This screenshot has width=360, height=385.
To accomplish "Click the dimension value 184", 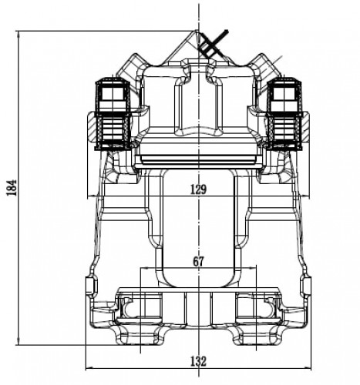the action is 12,188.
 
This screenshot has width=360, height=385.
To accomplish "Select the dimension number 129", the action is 198,189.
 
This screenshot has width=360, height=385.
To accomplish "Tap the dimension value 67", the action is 198,262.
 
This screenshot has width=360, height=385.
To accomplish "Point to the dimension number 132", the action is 198,361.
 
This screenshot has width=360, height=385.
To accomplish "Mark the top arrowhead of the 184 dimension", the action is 18,34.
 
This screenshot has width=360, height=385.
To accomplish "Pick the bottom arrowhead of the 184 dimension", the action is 18,342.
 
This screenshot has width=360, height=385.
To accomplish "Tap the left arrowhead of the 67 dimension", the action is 143,268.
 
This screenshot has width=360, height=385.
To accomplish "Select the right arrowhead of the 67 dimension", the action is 254,268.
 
